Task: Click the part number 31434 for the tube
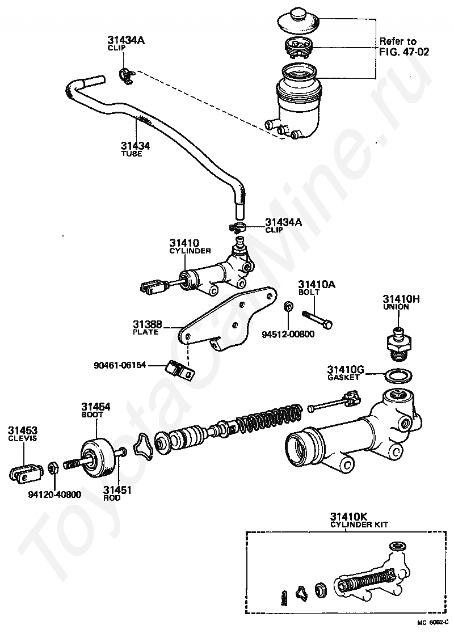tap(135, 146)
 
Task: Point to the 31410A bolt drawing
tap(317, 318)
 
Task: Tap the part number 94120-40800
tap(54, 494)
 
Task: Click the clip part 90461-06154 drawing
tap(180, 370)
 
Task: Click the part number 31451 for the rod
tap(117, 490)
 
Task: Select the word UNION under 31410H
tap(395, 307)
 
